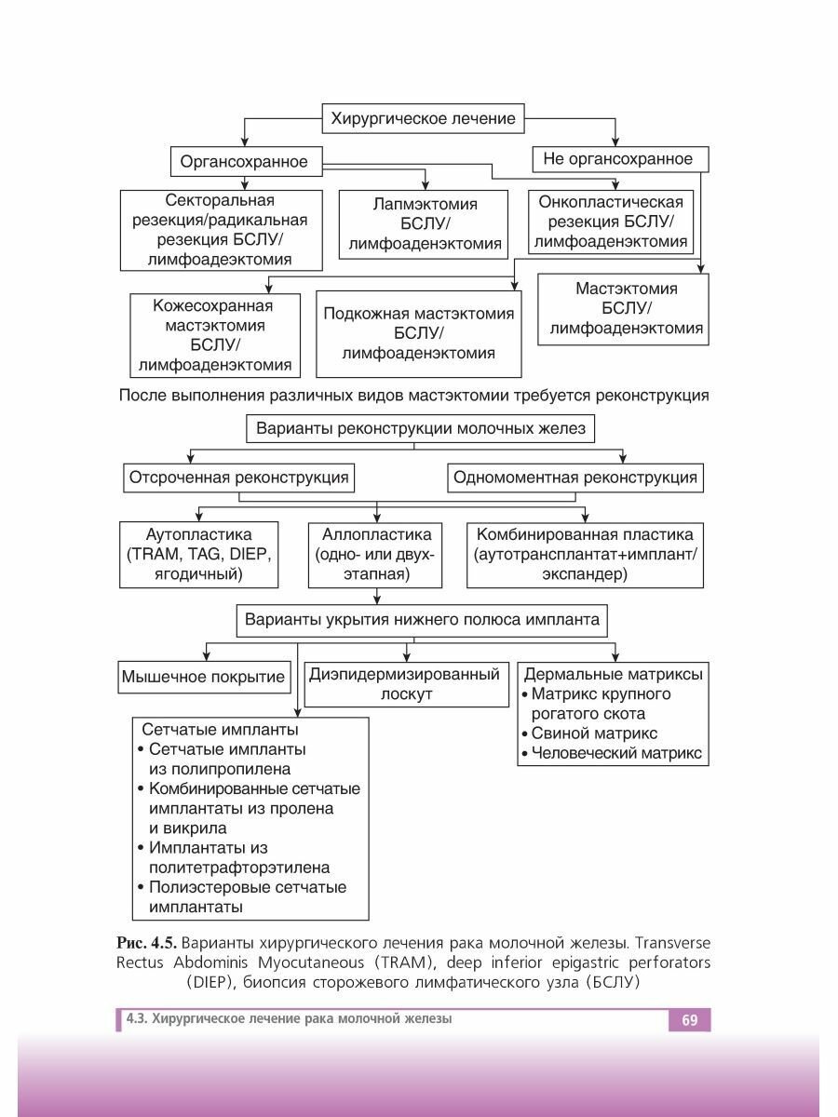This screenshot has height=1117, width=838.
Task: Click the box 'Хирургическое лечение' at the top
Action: (419, 119)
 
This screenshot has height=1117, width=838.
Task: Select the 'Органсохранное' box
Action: (244, 162)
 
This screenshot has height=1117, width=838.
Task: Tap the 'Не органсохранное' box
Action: (618, 159)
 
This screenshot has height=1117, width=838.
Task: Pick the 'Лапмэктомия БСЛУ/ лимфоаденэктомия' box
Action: (425, 224)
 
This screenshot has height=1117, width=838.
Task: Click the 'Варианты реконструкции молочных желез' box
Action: (419, 429)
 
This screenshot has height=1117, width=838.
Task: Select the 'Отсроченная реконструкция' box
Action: (239, 478)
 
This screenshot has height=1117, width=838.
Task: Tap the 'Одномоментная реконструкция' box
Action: (574, 478)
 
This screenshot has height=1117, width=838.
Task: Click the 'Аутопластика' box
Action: (199, 555)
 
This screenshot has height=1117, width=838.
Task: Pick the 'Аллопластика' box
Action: (376, 555)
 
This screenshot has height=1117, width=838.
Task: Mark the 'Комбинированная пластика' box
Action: (585, 555)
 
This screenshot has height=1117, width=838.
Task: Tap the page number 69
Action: (689, 1020)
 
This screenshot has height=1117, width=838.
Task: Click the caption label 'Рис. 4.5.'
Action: (148, 946)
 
